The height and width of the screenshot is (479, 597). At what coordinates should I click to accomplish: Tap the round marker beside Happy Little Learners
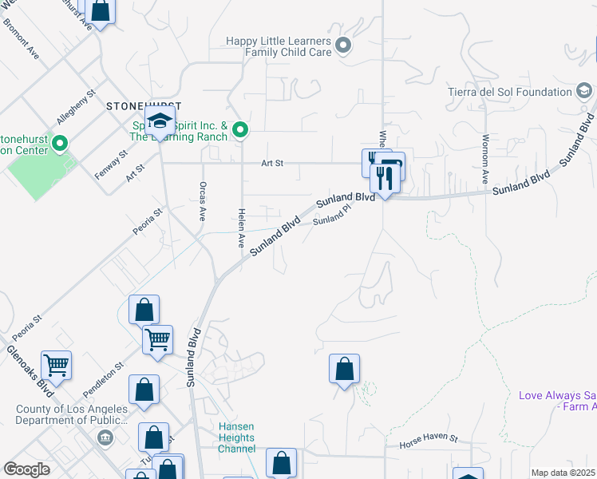(344, 46)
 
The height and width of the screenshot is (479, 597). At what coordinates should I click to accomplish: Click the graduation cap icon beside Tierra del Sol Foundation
(585, 92)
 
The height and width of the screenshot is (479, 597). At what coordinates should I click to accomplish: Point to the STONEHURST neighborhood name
(144, 105)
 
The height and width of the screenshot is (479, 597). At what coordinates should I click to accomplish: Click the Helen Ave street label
(240, 228)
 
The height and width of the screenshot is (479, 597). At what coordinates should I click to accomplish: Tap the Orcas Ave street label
(201, 204)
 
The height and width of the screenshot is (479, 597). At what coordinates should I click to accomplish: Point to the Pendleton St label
(103, 380)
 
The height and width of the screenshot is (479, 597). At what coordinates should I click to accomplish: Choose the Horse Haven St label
(429, 439)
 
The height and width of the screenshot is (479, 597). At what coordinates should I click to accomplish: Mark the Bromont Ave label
(22, 39)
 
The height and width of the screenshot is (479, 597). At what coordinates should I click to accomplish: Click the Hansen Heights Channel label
(236, 437)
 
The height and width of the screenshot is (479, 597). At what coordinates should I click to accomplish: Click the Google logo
(26, 469)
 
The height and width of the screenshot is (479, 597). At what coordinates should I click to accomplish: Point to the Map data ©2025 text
(563, 473)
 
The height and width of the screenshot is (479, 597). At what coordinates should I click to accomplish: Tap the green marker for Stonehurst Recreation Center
(61, 144)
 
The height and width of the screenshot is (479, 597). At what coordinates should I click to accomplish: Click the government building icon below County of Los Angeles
(105, 437)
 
